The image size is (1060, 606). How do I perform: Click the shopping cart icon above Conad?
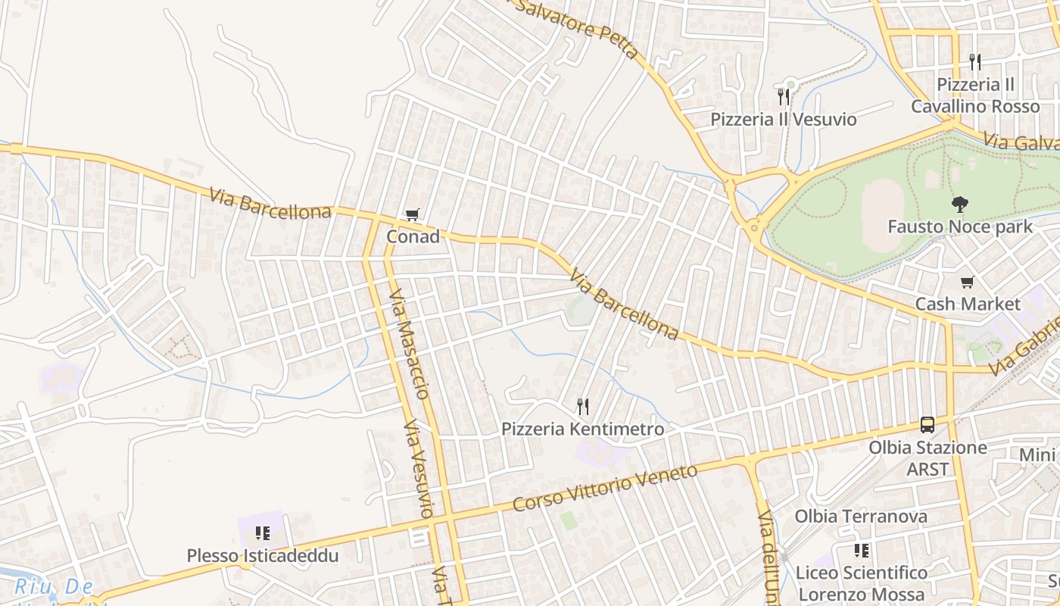pos(412,216)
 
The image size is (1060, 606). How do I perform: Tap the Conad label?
pos(413,237)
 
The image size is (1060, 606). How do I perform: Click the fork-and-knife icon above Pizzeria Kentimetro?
pos(582,408)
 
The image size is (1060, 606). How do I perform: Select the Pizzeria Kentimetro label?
pos(582,430)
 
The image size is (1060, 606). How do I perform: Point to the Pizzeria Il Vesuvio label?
pos(783,120)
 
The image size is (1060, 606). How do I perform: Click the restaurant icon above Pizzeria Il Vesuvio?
pos(783,97)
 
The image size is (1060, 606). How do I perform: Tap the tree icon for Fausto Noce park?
pos(959,205)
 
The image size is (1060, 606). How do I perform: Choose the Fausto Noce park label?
pos(959,226)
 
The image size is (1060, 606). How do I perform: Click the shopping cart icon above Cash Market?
pos(967,283)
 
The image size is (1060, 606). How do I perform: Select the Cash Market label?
pos(968,305)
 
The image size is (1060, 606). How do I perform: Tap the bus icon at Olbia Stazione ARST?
pos(927,425)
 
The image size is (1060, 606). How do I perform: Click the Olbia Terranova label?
pos(861,517)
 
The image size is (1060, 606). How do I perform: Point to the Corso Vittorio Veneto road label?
pos(604,488)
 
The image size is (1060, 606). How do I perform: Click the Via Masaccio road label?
pos(410,343)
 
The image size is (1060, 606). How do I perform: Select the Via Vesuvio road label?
pos(418,470)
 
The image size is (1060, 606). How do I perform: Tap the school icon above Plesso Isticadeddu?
pos(262,533)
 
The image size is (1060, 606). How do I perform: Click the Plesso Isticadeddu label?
pos(262,556)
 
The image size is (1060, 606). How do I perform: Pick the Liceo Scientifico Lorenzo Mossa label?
pos(862,583)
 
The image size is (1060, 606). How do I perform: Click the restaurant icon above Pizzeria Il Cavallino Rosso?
pos(974,62)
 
